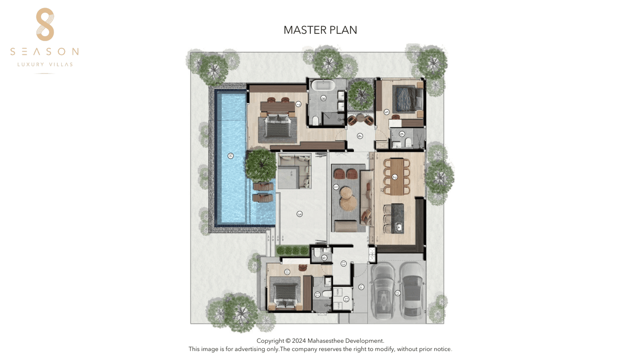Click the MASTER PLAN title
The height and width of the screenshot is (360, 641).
coord(320,30)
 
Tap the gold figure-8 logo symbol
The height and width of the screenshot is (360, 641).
coord(45,24)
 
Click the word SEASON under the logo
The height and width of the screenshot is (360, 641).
coord(44,52)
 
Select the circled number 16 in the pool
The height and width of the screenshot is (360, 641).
coord(231,156)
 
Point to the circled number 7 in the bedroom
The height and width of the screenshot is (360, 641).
coord(299,104)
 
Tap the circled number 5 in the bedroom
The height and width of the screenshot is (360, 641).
coord(386,112)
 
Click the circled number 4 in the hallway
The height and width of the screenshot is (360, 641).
coord(360,136)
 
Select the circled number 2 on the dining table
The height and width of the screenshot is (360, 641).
coord(395,177)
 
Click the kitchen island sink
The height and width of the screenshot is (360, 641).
coord(398,227)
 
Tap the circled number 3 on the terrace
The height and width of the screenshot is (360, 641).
coord(299,214)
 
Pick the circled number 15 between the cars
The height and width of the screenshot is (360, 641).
coord(397,293)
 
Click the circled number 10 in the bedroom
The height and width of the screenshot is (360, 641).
coord(287,272)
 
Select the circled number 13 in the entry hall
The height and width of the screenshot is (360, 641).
coord(343,264)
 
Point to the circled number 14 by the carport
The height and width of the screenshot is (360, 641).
coord(361,287)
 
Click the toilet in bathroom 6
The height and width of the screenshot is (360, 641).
coord(408,142)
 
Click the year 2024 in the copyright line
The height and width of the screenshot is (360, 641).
coord(299,341)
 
